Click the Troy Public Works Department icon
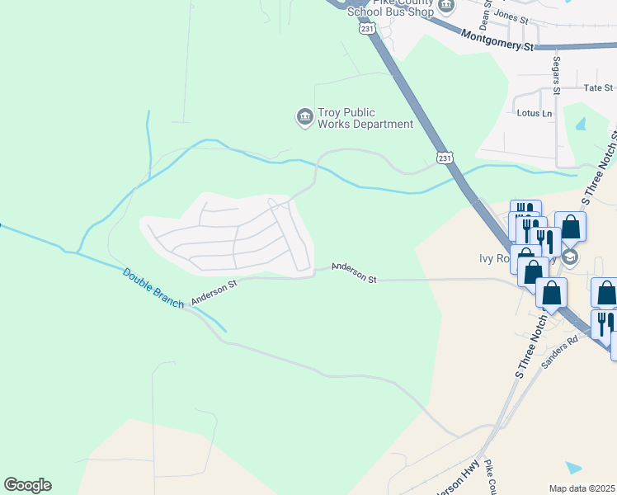tap(304, 117)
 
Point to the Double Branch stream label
tap(153, 288)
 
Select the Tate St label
tap(598, 87)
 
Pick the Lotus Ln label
tap(534, 113)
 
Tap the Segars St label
tap(557, 75)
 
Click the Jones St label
tap(511, 16)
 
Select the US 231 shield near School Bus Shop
tap(365, 28)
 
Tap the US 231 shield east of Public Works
tap(445, 157)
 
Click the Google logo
tap(27, 485)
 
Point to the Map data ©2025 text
tap(582, 488)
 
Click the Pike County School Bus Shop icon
tap(446, 7)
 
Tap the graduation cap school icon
tap(571, 258)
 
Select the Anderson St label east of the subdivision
tap(354, 273)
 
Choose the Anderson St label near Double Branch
tap(214, 292)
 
